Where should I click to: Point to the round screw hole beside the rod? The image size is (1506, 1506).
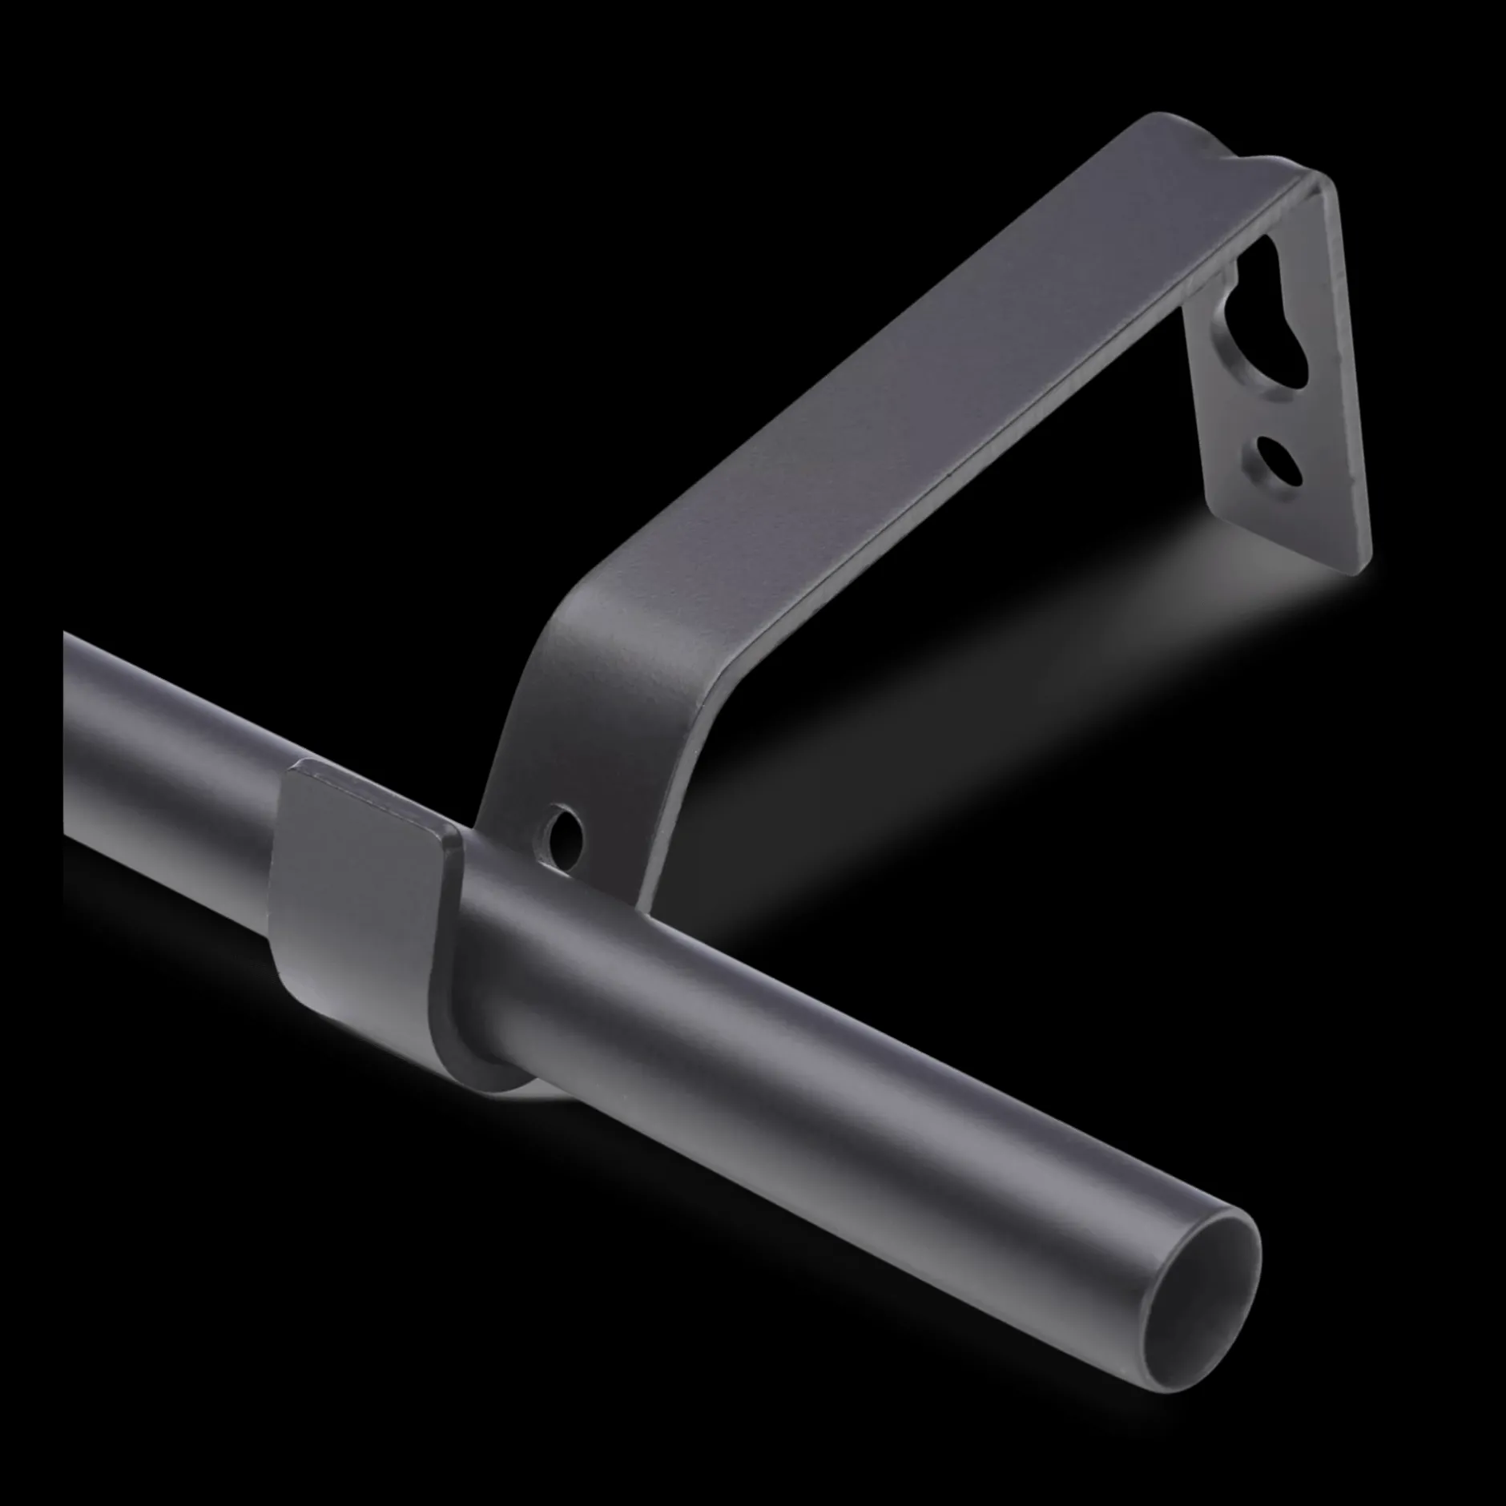[x=565, y=836]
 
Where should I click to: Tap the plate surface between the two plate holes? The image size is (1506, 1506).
[x=1266, y=401]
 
